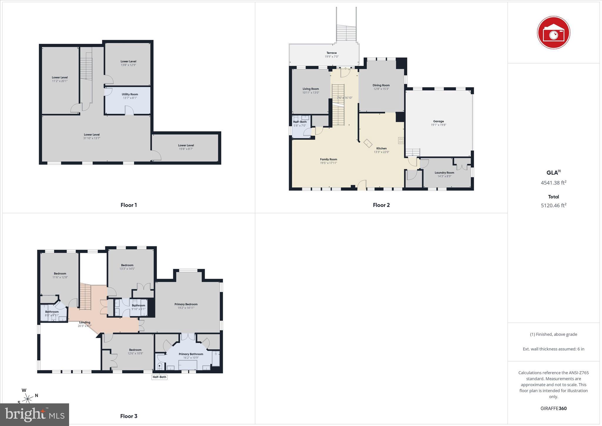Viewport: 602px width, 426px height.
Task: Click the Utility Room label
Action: coord(130,94)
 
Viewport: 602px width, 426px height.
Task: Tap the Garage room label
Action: coord(438,121)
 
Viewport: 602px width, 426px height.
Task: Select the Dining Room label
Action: coord(381,85)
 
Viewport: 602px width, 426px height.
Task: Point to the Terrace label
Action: coord(332,53)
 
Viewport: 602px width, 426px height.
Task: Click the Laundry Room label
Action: coord(444,173)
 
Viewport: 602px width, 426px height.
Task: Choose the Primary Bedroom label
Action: coord(186,304)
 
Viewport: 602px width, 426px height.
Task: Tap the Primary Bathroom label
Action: coord(191,354)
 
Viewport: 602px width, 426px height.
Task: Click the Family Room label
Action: coord(328,159)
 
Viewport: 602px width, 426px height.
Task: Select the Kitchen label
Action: coord(382,148)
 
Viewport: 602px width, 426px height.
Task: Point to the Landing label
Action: coord(85,322)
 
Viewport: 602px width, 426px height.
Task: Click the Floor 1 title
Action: coord(129,205)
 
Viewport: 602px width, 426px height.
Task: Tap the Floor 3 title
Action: coord(129,416)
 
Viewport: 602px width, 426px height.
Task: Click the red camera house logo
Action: coord(553,32)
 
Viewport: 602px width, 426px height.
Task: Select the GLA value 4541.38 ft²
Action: coord(553,183)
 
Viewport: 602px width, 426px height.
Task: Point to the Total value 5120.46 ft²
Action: coord(553,206)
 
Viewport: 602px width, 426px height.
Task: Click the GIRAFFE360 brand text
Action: coord(553,408)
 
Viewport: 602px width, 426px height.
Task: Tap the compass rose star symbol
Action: coord(28,399)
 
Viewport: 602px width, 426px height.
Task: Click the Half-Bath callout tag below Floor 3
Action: coord(159,377)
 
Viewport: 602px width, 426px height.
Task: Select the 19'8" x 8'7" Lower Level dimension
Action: coord(186,149)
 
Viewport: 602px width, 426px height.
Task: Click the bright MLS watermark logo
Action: coord(35,415)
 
